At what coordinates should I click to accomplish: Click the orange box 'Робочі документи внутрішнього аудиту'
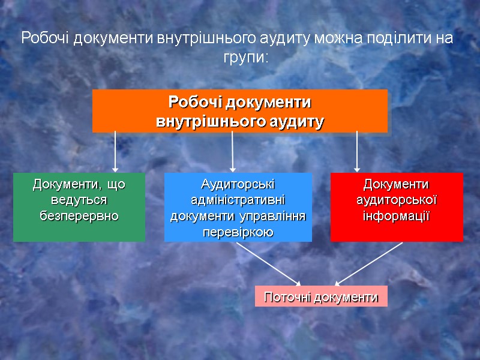(239, 111)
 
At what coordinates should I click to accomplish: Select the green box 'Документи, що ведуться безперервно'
(79, 207)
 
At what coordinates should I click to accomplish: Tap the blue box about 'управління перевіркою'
(238, 207)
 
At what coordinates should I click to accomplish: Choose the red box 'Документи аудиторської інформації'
(397, 207)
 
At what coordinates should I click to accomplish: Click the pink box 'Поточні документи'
(321, 296)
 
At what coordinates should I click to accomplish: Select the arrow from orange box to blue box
(233, 152)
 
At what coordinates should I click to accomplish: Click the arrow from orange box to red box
(357, 152)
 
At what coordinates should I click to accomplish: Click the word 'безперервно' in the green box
(79, 215)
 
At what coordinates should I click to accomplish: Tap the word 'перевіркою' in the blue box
(238, 231)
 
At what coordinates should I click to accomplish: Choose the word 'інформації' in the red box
(397, 215)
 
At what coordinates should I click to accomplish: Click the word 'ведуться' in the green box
(79, 199)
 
